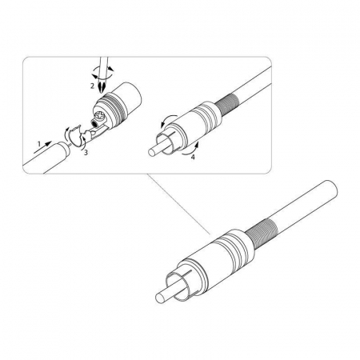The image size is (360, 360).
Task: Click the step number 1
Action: coord(39,144)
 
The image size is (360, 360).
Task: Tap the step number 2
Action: coord(92,86)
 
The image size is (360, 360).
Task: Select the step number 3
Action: coord(86,153)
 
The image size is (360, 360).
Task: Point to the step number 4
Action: coord(193,157)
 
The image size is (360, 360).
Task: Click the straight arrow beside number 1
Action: coord(42,147)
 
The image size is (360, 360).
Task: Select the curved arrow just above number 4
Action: coord(190,149)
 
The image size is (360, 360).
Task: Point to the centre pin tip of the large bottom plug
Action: coord(159,298)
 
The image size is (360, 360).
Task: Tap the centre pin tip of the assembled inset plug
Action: coord(151,153)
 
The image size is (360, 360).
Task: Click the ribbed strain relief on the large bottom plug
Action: coord(262,234)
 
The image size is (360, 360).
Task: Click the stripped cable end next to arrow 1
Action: coord(66,148)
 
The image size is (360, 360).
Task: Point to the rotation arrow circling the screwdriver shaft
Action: coord(102,73)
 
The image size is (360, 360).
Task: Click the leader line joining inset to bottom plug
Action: coord(178,205)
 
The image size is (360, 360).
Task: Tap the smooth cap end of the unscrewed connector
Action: coord(130,98)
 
